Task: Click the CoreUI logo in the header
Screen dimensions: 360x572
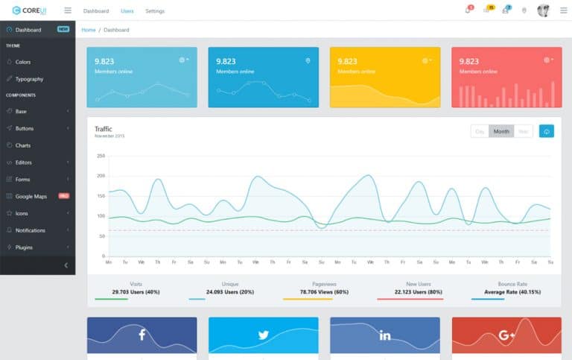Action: pyautogui.click(x=29, y=10)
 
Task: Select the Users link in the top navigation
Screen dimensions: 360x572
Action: pyautogui.click(x=127, y=11)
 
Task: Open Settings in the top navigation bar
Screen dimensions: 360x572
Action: pyautogui.click(x=155, y=11)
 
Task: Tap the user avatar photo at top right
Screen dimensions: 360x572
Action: pyautogui.click(x=543, y=10)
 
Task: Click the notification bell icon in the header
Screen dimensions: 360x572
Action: pyautogui.click(x=467, y=10)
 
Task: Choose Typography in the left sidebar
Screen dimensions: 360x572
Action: pyautogui.click(x=29, y=79)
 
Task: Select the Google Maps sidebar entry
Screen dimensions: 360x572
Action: pyautogui.click(x=31, y=196)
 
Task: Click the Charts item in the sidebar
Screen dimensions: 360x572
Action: pyautogui.click(x=23, y=145)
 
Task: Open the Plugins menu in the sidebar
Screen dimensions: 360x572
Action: pyautogui.click(x=25, y=247)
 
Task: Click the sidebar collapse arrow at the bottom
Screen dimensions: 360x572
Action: pyautogui.click(x=66, y=265)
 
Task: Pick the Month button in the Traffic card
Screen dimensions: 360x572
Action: pyautogui.click(x=501, y=131)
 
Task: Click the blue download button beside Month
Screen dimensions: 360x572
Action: pyautogui.click(x=547, y=131)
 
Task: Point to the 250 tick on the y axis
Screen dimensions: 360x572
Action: pyautogui.click(x=101, y=156)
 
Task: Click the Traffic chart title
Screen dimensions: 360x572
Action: pyautogui.click(x=104, y=129)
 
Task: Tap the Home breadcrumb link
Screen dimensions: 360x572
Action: pyautogui.click(x=89, y=30)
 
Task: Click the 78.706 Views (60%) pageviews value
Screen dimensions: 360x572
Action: pyautogui.click(x=324, y=291)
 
